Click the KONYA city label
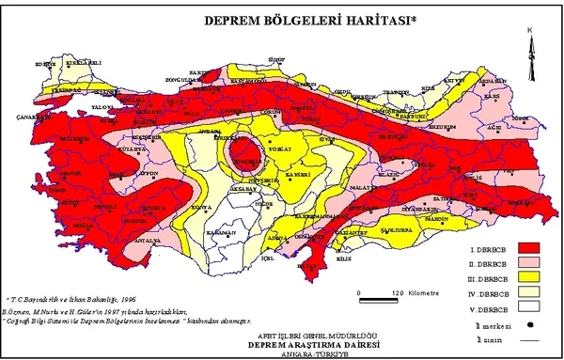[x=199, y=207]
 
